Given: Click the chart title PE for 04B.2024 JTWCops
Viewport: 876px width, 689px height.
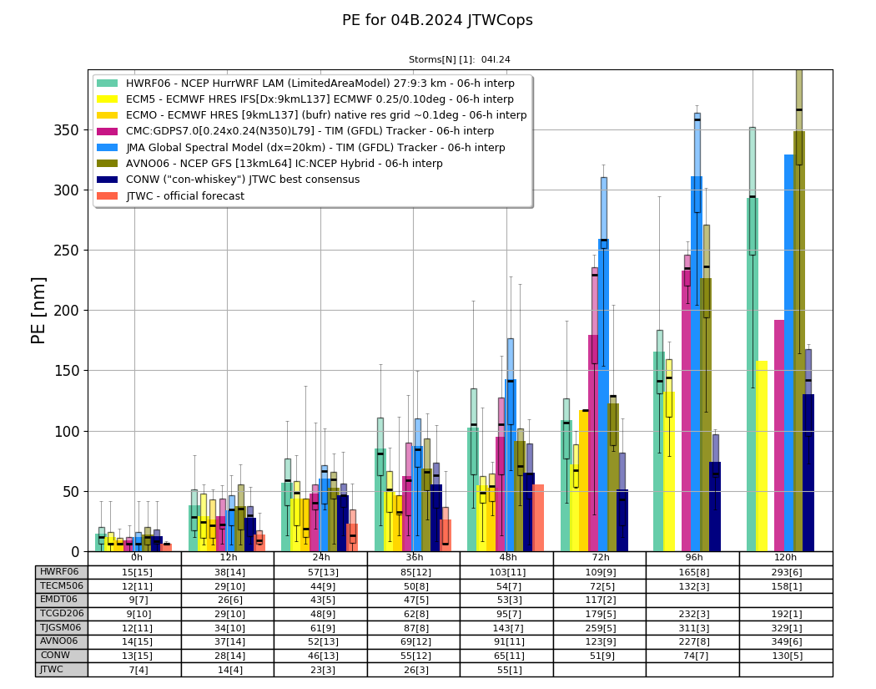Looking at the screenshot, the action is pos(437,20).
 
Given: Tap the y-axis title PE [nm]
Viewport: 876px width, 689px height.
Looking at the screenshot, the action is pos(38,311).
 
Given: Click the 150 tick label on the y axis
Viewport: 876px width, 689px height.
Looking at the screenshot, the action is pos(67,371).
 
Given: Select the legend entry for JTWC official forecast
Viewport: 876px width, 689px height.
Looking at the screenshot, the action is pos(170,195).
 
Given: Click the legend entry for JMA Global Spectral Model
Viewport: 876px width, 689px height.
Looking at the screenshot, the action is pos(300,147).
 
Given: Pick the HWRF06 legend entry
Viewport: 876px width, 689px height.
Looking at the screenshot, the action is pos(305,84).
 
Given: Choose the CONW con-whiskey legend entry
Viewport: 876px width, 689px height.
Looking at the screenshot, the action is pos(228,180).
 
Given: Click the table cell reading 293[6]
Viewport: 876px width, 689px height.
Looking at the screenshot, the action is pos(786,572).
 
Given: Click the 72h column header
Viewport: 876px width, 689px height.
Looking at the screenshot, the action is pos(600,558).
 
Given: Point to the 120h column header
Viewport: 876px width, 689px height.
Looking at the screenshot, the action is pos(786,558).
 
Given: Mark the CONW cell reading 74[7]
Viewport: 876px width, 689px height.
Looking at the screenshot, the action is pos(693,656).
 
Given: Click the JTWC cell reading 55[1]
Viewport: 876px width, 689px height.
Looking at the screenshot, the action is pos(507,670).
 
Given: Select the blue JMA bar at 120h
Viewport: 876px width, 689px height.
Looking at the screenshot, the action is pos(789,353).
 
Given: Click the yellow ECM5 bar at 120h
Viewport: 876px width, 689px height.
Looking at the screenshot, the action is pos(761,456).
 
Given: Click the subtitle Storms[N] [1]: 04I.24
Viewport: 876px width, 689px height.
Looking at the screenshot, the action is pos(459,60).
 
